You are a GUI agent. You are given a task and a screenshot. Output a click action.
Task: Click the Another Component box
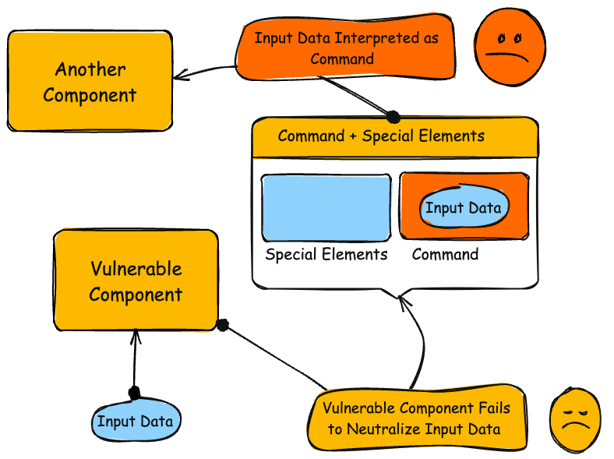90,81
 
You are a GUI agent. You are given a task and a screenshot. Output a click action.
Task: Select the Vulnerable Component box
135,281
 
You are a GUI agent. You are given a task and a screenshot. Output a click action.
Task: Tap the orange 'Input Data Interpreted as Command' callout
347,48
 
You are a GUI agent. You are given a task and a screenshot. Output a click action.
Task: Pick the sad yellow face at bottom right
575,422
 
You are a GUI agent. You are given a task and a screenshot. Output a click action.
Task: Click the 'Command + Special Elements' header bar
394,137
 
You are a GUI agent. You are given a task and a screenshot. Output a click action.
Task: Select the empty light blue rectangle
326,207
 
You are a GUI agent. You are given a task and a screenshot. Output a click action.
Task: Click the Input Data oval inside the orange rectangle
464,208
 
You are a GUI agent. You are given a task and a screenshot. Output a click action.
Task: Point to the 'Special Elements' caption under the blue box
326,255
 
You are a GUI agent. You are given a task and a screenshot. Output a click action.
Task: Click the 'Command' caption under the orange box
445,255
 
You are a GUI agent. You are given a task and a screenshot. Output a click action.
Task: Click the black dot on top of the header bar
393,118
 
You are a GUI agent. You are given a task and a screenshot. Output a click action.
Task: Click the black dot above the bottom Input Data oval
134,392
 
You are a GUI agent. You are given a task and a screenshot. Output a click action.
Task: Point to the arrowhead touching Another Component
180,76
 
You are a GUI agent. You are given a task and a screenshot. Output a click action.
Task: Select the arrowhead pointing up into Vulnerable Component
136,335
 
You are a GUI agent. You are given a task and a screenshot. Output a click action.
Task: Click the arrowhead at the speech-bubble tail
402,300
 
